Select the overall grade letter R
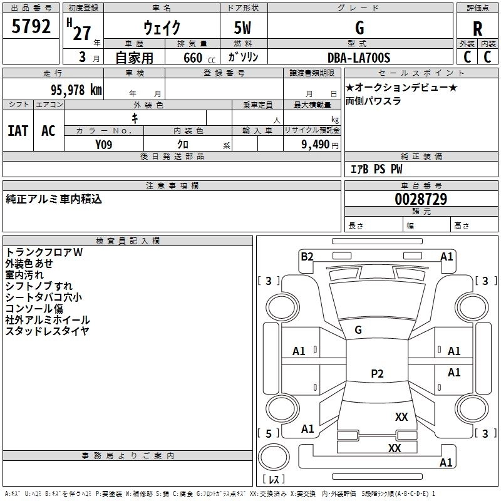pyautogui.click(x=477, y=29)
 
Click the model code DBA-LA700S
pyautogui.click(x=359, y=58)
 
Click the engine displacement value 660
pyautogui.click(x=192, y=58)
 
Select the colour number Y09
pyautogui.click(x=104, y=143)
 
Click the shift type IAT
pyautogui.click(x=18, y=131)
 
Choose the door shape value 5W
pyautogui.click(x=244, y=29)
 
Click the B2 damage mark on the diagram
pyautogui.click(x=307, y=256)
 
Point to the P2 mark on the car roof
pyautogui.click(x=377, y=374)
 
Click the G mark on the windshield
pyautogui.click(x=358, y=329)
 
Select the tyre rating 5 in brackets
pyautogui.click(x=269, y=433)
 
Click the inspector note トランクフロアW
pyautogui.click(x=44, y=252)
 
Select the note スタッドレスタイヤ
pyautogui.click(x=47, y=331)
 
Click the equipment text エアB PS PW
pyautogui.click(x=376, y=168)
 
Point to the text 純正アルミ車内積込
pyautogui.click(x=54, y=199)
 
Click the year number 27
pyautogui.click(x=81, y=33)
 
